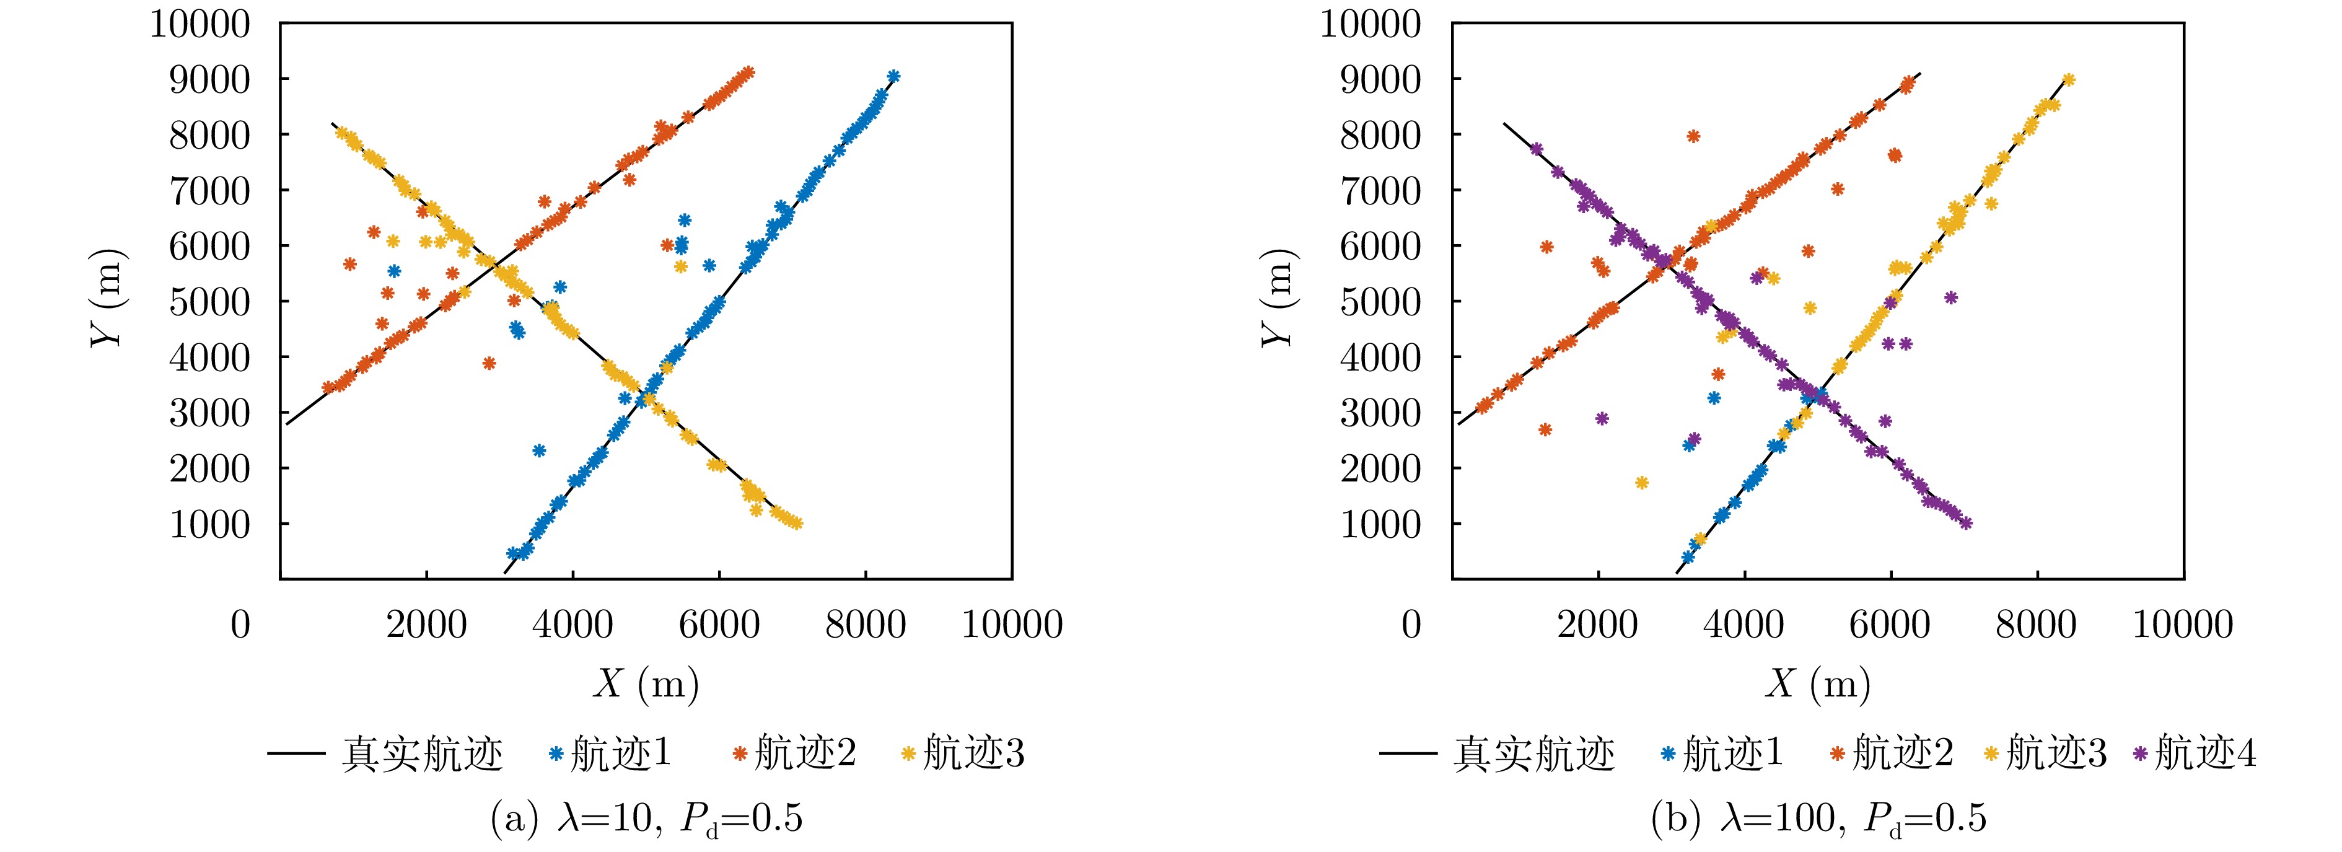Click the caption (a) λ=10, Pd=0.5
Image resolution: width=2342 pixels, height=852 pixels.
click(x=646, y=819)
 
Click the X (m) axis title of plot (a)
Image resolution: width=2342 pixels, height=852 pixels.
click(x=646, y=683)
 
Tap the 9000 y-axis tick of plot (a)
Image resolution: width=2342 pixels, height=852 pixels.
click(x=209, y=79)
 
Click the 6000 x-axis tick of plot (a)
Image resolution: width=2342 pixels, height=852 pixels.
click(x=719, y=625)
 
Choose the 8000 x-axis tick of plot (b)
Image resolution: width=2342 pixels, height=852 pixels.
click(x=2037, y=625)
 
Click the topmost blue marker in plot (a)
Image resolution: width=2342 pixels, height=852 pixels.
click(x=893, y=76)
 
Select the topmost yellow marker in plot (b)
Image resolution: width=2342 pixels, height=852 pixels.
click(x=2068, y=80)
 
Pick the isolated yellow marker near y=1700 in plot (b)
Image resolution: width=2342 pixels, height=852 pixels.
click(x=1641, y=483)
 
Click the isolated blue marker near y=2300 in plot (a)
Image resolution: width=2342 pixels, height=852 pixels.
click(x=539, y=450)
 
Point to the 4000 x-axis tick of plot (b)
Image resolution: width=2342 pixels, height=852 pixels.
click(x=1743, y=625)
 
